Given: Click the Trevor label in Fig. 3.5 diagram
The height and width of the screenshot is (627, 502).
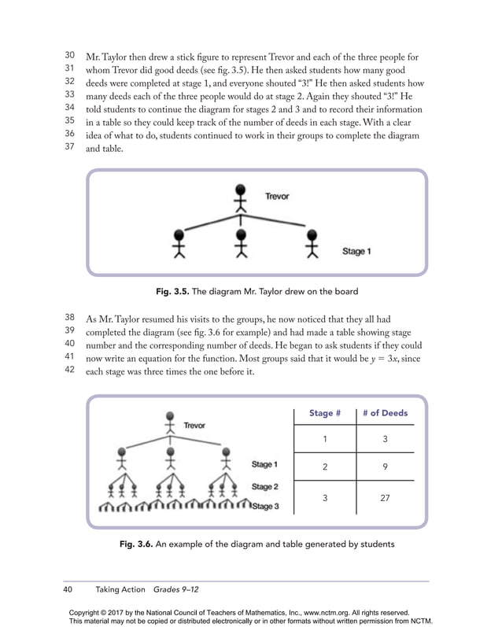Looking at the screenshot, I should point(276,196).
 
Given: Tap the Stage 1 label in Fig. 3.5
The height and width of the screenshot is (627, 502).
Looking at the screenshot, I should point(356,251).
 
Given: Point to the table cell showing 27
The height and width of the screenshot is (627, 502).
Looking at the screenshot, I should point(385,497).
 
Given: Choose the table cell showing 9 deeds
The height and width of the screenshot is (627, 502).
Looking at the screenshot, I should point(385,467).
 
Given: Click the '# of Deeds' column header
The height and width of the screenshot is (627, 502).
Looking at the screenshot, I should point(385,413).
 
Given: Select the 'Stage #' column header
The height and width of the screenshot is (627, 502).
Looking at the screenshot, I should point(325,413).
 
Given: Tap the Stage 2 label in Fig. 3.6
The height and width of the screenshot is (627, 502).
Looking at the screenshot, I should point(264,487).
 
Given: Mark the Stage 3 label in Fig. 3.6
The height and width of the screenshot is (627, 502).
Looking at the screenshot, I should point(265,506).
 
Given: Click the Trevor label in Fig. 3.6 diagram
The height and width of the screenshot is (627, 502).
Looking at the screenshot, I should point(194,425).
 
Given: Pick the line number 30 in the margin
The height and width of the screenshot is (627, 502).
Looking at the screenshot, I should point(69,56).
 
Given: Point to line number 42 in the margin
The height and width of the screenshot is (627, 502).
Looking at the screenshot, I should point(69,369).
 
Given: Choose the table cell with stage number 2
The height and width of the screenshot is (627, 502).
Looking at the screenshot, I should point(325,467).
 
